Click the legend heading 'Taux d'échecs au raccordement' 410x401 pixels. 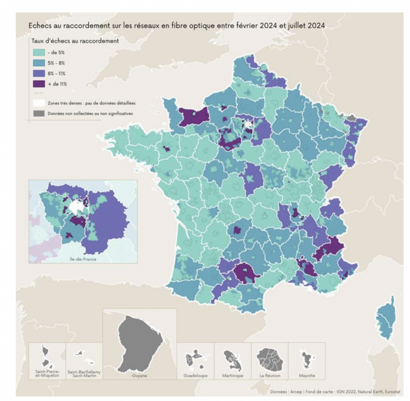point(75,41)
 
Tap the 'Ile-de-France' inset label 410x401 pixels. point(83,259)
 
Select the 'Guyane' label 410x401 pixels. point(139,375)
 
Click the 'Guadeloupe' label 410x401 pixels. point(195,375)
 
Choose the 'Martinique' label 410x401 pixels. point(232,375)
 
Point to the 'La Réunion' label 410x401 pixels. point(269,375)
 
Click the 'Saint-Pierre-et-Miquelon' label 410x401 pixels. point(47,373)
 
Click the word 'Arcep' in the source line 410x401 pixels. point(301,392)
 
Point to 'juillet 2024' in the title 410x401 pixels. point(303,25)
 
